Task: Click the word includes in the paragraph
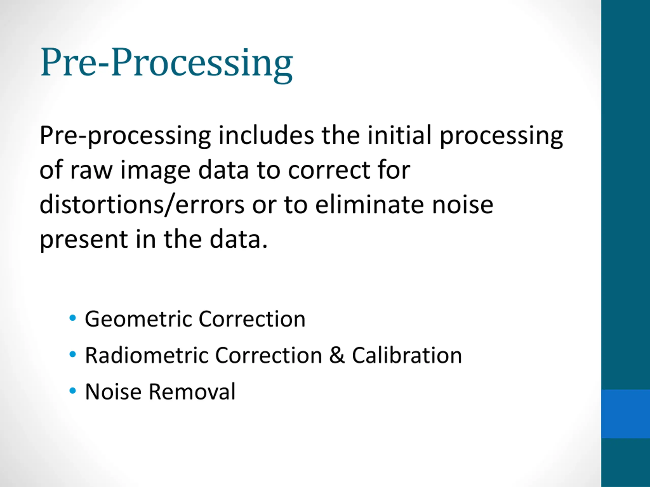tap(266, 135)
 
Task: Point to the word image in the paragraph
tap(155, 171)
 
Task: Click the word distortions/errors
tap(142, 205)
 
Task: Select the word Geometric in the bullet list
tap(138, 319)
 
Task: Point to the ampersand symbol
tap(337, 355)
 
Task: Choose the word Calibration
tap(407, 355)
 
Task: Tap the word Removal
tap(192, 391)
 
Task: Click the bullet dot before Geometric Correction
tap(72, 318)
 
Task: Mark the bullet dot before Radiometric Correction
tap(72, 354)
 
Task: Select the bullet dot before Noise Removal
tap(72, 391)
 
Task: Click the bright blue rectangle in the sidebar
tap(626, 414)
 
